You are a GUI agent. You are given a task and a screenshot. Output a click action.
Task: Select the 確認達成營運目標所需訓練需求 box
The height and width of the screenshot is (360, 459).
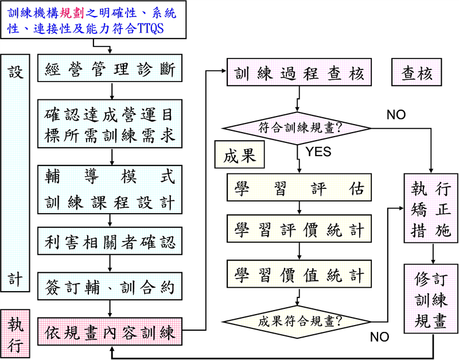point(110,125)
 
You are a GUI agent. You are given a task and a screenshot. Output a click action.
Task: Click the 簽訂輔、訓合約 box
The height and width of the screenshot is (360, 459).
point(110,288)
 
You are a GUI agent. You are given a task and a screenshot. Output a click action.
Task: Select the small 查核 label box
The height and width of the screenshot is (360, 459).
point(417,73)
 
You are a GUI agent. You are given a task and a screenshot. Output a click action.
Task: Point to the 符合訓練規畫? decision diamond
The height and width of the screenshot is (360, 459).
point(296,126)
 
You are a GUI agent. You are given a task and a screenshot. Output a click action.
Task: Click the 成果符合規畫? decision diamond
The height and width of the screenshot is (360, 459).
point(296,320)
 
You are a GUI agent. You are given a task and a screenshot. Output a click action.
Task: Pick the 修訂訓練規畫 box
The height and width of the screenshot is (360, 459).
point(431,299)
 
